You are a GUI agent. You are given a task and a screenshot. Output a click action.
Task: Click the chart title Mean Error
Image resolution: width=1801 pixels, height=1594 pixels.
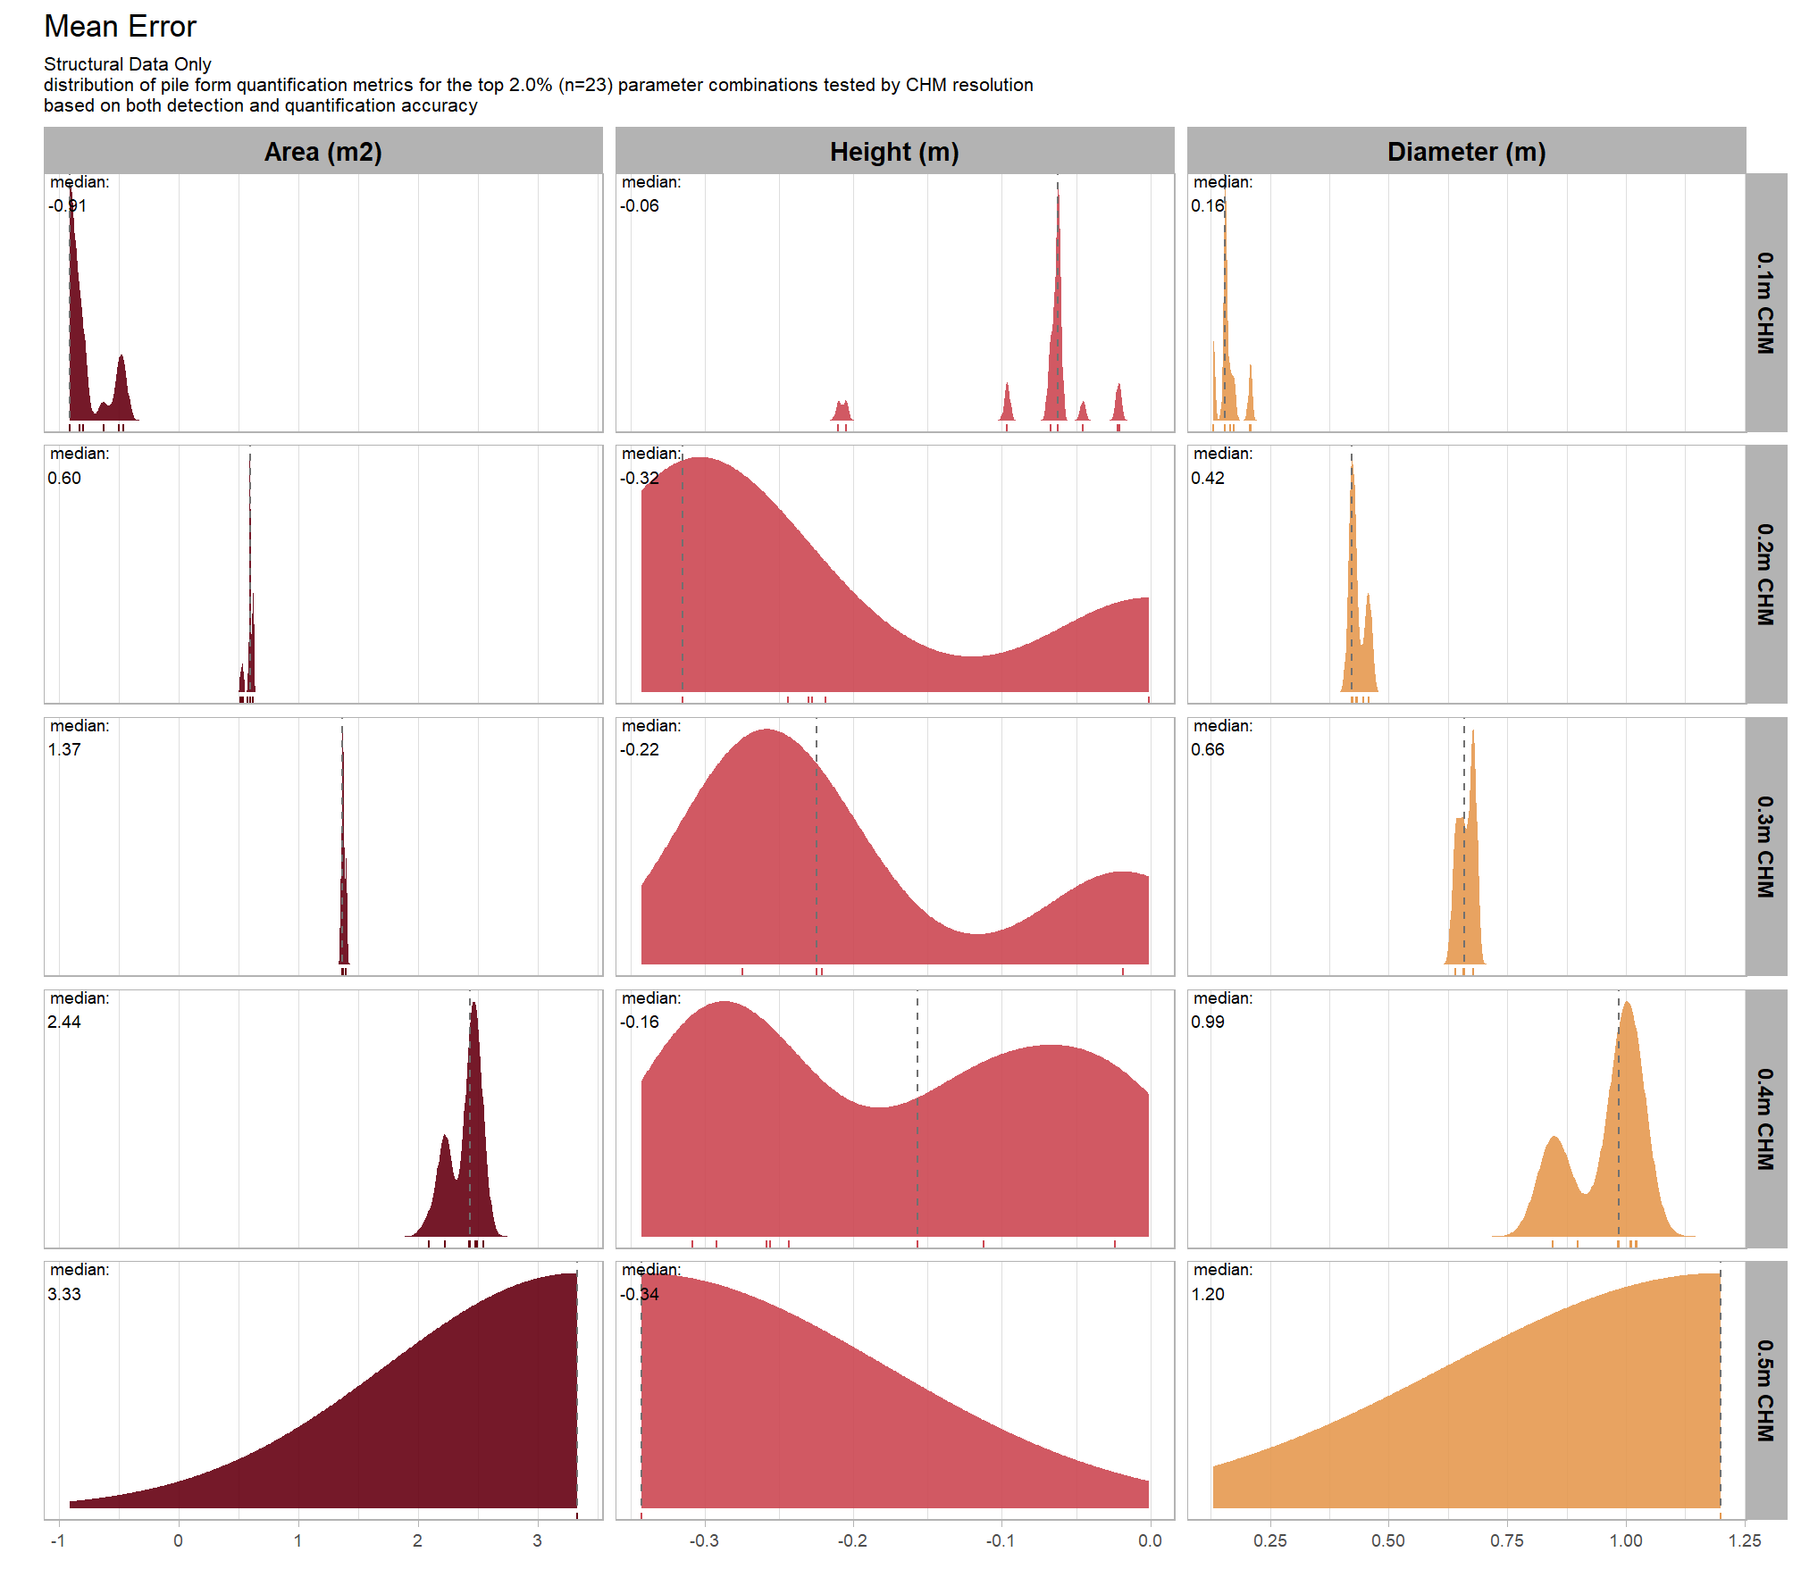(x=120, y=27)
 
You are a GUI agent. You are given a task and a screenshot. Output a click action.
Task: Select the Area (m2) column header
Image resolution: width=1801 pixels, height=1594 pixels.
(x=323, y=152)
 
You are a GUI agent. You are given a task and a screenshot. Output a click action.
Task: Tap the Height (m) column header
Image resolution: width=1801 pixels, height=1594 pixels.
(x=894, y=152)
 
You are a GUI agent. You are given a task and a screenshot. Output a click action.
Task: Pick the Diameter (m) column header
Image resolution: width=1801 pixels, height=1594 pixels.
(x=1466, y=152)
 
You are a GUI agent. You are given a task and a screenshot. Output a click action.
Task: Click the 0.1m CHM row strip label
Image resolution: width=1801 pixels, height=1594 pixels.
(x=1765, y=303)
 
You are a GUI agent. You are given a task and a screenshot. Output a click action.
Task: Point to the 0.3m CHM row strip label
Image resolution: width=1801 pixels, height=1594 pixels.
(x=1765, y=847)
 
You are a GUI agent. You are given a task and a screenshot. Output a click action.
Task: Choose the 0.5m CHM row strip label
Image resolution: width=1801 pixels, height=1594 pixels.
(x=1765, y=1390)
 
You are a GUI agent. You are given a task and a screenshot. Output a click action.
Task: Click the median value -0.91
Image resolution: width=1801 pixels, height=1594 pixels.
(x=67, y=206)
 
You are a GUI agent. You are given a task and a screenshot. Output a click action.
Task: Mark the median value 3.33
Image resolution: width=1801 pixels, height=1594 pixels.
(x=64, y=1294)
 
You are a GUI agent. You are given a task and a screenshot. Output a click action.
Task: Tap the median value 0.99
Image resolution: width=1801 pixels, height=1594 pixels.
(x=1208, y=1022)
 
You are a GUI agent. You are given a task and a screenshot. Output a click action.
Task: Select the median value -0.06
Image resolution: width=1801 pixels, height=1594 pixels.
(x=640, y=206)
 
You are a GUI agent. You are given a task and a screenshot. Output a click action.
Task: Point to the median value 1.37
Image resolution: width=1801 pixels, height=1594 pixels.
(x=64, y=750)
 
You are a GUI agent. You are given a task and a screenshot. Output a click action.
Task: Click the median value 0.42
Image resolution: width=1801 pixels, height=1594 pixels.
(x=1208, y=478)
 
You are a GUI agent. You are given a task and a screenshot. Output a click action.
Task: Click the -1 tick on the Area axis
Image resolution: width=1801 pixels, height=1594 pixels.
(x=58, y=1540)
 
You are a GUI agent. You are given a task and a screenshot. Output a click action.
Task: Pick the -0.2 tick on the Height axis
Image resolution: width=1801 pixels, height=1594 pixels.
(x=852, y=1540)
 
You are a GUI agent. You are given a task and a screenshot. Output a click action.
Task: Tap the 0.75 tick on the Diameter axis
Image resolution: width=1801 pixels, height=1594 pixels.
(x=1507, y=1540)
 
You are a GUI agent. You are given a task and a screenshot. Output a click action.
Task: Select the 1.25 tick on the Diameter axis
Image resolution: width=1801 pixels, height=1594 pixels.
(x=1745, y=1540)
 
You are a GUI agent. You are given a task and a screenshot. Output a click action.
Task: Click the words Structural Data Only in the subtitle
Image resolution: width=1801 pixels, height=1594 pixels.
(x=128, y=64)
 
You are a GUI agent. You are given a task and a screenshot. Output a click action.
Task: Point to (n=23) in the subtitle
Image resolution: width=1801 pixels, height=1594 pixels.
(x=585, y=85)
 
